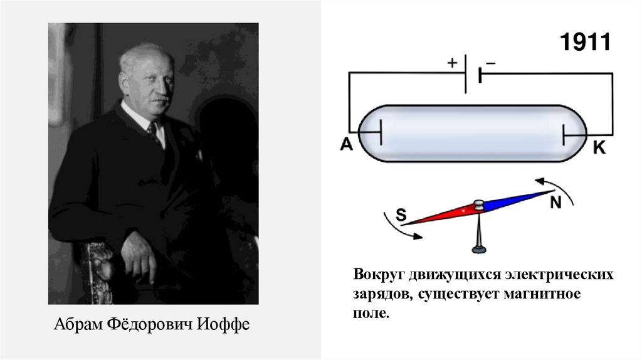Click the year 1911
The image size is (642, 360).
[x=584, y=43]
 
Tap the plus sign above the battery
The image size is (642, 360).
[x=452, y=63]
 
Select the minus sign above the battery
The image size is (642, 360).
[x=490, y=63]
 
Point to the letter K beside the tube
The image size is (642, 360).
[x=599, y=148]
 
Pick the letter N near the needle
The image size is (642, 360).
[x=555, y=203]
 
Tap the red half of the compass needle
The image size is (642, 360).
[x=439, y=215]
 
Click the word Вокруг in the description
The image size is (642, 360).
[x=378, y=276]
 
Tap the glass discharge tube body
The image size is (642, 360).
[x=473, y=133]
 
